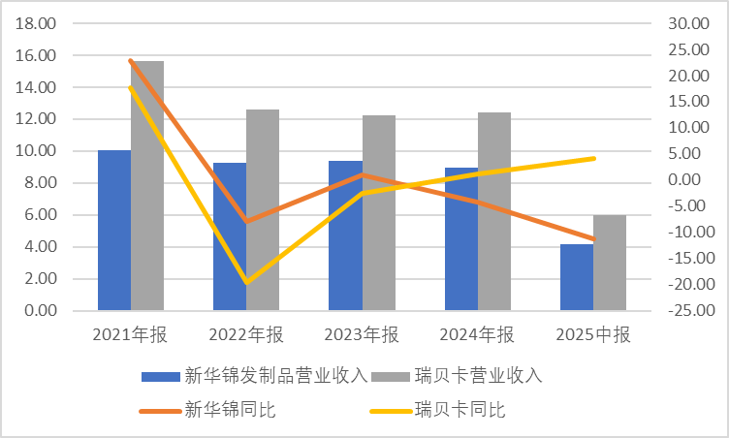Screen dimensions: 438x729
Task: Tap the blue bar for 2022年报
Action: (230, 236)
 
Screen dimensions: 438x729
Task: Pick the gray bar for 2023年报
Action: (378, 213)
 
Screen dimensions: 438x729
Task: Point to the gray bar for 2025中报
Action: (610, 263)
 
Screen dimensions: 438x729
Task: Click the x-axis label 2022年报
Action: (246, 335)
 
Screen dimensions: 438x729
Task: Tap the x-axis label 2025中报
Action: (593, 335)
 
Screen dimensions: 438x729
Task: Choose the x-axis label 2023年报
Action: (362, 335)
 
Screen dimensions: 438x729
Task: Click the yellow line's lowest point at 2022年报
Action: (246, 282)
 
